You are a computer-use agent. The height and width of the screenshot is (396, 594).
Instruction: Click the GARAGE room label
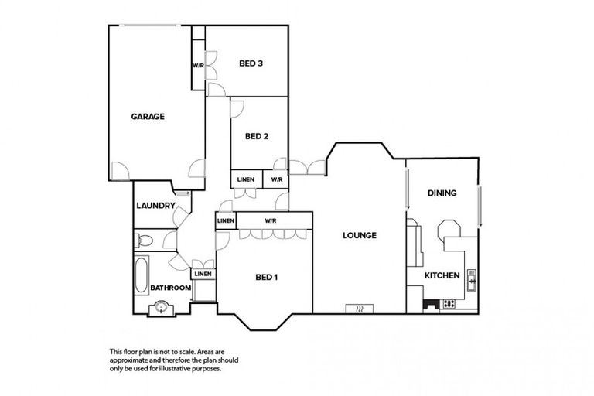click(147, 117)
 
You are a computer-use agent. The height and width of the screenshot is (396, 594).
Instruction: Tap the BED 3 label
click(251, 63)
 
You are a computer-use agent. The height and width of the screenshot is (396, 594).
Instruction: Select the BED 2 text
click(256, 137)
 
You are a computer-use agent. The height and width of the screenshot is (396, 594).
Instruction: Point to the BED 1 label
click(266, 277)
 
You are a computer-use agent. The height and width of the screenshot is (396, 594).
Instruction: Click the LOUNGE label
click(360, 235)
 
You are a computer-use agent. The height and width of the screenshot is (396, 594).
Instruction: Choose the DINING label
click(442, 193)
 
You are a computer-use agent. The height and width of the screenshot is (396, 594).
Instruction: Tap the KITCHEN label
click(442, 275)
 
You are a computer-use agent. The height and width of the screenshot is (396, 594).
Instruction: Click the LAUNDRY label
click(154, 206)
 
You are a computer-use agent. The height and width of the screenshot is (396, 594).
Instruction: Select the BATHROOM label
click(170, 288)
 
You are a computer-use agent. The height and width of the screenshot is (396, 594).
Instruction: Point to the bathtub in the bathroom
click(142, 272)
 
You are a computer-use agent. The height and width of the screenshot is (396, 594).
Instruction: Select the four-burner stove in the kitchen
click(449, 304)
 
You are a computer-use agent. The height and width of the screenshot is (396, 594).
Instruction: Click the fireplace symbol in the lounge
click(359, 308)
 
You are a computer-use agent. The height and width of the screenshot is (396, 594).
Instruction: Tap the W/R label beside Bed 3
click(197, 65)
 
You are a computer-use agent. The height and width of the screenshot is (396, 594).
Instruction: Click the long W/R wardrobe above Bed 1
click(271, 221)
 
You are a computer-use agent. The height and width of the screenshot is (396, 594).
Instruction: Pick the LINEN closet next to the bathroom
click(203, 274)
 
